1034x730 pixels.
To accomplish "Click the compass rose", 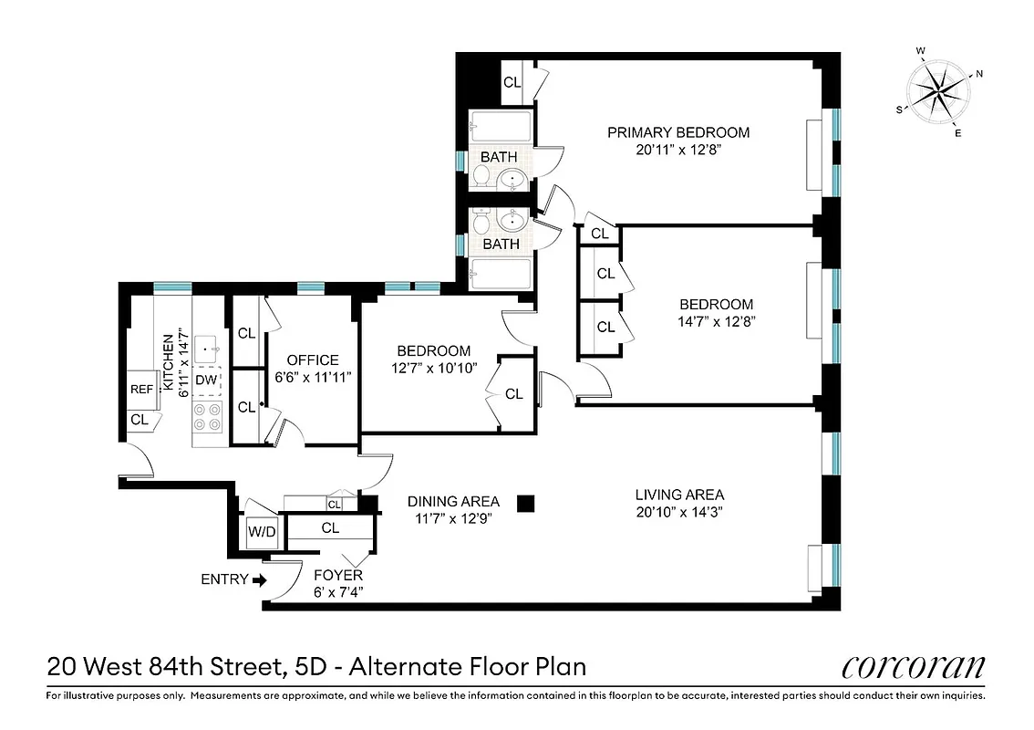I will (x=938, y=89).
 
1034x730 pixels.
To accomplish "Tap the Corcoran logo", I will (x=913, y=667).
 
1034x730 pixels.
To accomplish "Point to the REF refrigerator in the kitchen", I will (x=142, y=390).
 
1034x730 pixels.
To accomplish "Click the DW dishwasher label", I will (x=206, y=380).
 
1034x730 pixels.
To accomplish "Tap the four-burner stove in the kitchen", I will (x=208, y=417).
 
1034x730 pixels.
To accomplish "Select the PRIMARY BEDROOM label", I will (x=678, y=132).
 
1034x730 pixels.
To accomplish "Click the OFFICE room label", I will (x=313, y=360).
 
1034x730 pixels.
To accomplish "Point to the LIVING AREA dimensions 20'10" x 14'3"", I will (x=679, y=512).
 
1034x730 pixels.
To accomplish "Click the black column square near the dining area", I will (x=525, y=502).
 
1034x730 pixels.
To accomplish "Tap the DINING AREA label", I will (x=453, y=501).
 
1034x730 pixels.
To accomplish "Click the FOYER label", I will (x=338, y=575).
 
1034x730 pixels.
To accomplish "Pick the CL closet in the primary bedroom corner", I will (x=512, y=82).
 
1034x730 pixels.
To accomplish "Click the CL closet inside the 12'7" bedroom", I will (x=513, y=394).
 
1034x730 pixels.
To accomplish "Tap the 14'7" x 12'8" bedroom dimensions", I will (x=716, y=321).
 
